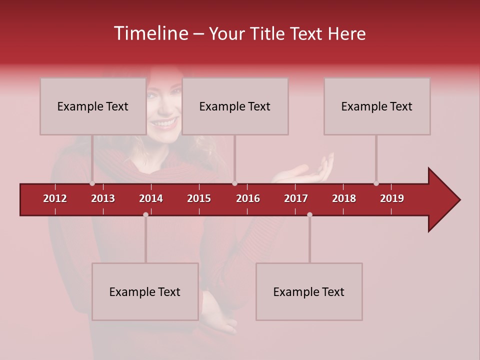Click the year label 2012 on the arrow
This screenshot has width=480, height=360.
(55, 198)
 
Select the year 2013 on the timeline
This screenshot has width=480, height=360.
(103, 198)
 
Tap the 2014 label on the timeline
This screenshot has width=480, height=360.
(151, 198)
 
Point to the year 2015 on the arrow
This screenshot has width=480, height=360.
(199, 198)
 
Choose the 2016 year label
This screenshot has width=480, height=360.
(248, 198)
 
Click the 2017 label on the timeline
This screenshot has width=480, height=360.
(296, 198)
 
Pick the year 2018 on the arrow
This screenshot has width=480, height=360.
(344, 198)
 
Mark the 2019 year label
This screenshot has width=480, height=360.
(392, 198)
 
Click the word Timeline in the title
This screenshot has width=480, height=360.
(150, 33)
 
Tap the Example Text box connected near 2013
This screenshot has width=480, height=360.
(93, 106)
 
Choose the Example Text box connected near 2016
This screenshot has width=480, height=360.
(235, 106)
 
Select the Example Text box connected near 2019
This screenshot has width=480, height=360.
(377, 106)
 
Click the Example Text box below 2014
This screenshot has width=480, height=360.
(145, 291)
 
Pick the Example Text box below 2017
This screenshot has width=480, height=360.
(309, 291)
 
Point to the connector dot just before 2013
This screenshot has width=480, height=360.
(92, 183)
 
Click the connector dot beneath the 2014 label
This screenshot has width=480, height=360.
(145, 214)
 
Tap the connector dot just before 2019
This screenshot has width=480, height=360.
(376, 183)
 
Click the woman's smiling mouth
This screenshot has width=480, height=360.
(164, 122)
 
